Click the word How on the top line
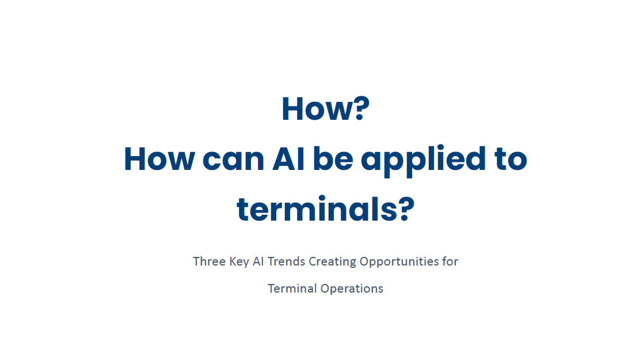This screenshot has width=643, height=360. [x=317, y=109]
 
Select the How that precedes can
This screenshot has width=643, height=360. [x=159, y=160]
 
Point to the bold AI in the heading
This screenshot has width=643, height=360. [x=289, y=160]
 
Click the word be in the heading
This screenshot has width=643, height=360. [x=333, y=158]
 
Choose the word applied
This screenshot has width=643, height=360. [x=423, y=161]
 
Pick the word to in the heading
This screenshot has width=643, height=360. [x=511, y=160]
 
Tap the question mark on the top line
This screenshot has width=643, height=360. [x=361, y=109]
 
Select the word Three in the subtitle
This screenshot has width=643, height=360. [x=209, y=262]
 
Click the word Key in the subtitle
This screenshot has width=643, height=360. [x=239, y=262]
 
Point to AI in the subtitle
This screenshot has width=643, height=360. [x=258, y=262]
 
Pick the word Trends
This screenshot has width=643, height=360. [x=286, y=262]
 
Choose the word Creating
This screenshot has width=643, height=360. [x=332, y=262]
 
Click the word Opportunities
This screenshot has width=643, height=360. [x=400, y=262]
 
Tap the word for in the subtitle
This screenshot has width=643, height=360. [x=450, y=262]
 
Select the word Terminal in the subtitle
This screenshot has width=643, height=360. [x=292, y=289]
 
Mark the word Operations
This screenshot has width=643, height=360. [x=352, y=289]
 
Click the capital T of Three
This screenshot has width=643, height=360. [x=196, y=262]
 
